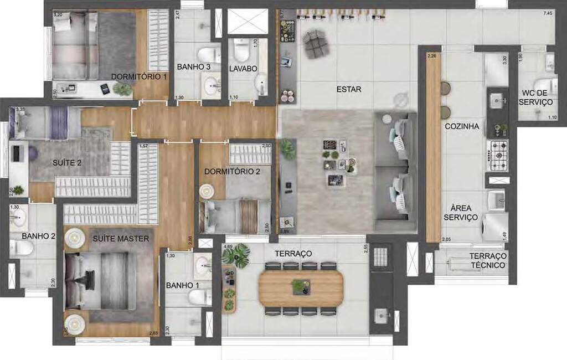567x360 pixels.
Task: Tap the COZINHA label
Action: (461, 126)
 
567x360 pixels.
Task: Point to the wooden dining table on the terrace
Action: (301, 287)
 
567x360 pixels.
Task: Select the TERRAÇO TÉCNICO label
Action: (487, 261)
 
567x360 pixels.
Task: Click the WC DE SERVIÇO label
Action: (537, 97)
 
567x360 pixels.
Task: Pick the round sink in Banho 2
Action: (19, 215)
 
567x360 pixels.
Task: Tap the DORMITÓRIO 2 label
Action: (232, 172)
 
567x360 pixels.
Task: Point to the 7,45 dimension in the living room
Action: (548, 14)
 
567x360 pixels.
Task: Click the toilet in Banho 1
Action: (199, 296)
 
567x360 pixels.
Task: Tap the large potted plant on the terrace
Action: (235, 256)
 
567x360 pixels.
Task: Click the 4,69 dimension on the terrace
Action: (228, 246)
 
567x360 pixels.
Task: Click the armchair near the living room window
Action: (316, 44)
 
